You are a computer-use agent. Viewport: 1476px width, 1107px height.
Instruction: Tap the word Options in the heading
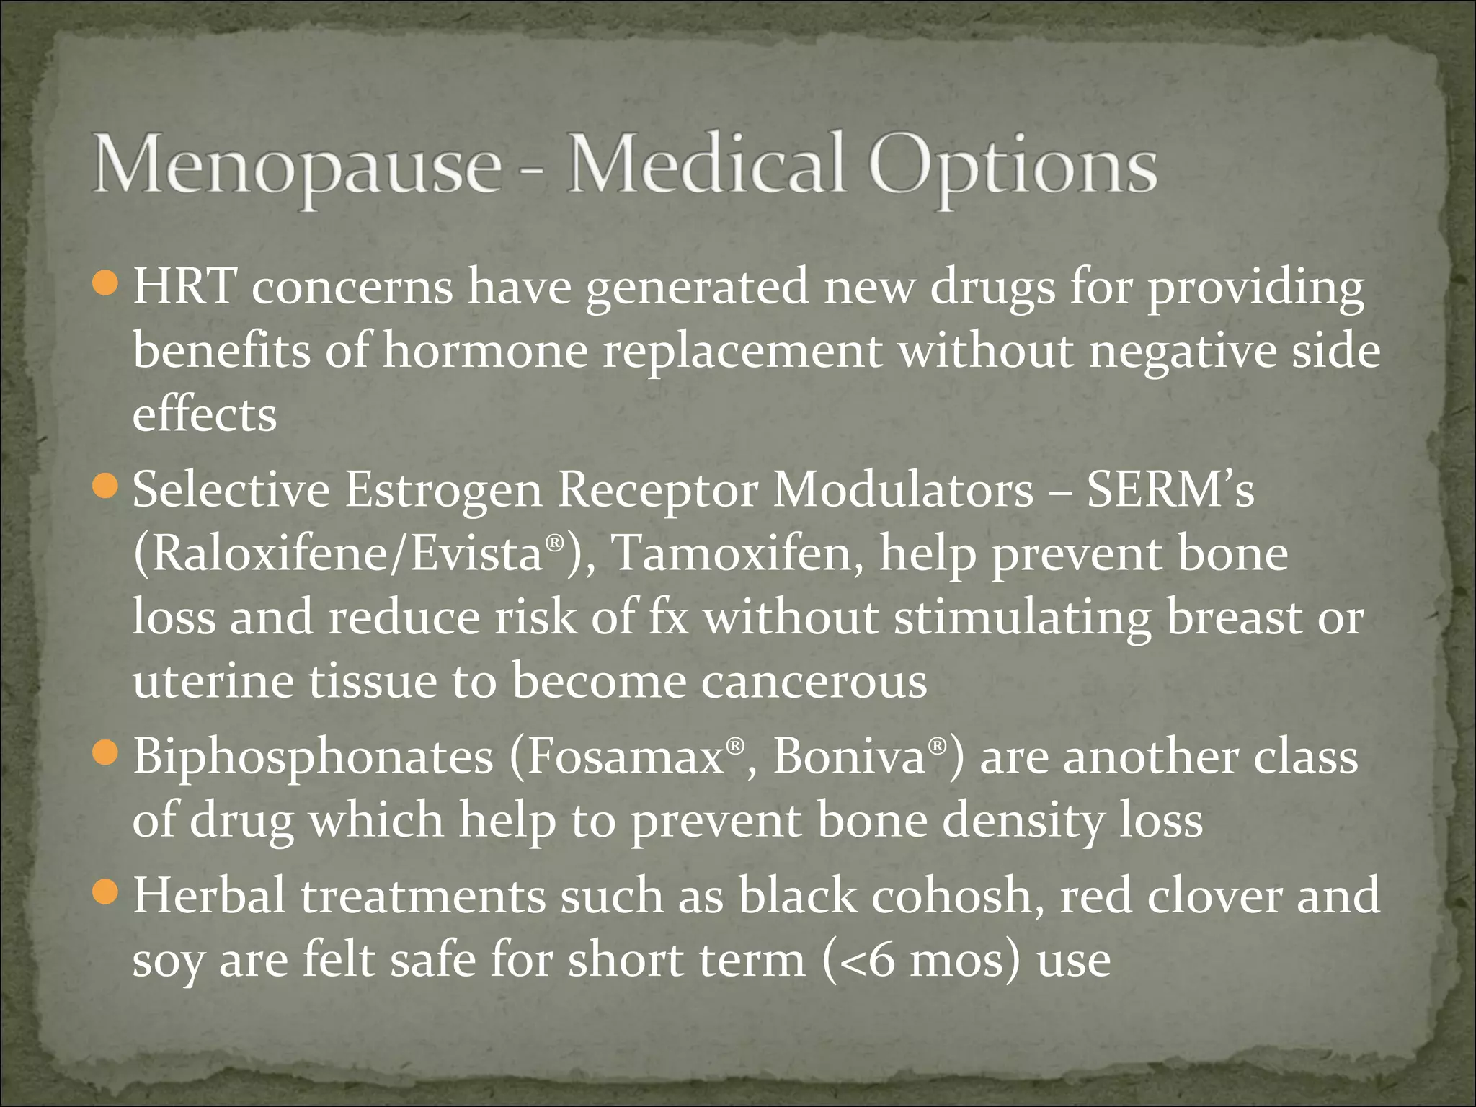pos(1013,167)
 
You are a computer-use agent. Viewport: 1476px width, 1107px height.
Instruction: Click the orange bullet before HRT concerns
pos(105,283)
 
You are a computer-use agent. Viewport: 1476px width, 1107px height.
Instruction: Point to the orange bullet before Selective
pos(105,486)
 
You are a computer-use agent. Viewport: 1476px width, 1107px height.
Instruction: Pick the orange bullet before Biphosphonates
pos(105,753)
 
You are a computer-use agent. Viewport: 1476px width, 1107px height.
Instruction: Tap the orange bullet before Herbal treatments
pos(105,892)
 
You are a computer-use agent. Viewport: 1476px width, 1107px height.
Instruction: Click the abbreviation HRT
pos(184,287)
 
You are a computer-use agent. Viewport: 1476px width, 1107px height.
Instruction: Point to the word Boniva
pos(849,757)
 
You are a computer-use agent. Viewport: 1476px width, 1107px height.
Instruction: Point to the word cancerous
pos(814,681)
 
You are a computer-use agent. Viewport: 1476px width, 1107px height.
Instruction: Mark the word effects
pos(205,415)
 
